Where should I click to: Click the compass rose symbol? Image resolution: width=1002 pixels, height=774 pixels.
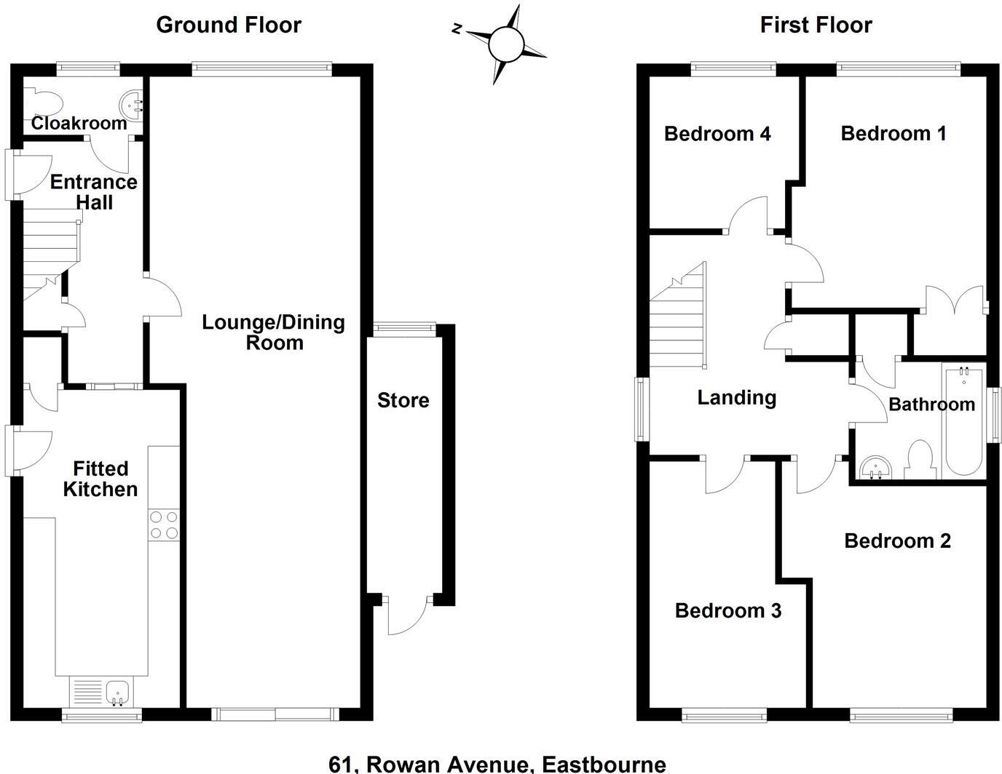click(506, 44)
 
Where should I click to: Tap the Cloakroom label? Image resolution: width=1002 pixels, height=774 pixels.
click(79, 124)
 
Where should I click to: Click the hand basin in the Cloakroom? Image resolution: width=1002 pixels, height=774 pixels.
click(133, 105)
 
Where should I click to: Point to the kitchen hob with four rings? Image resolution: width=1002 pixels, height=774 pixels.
click(164, 525)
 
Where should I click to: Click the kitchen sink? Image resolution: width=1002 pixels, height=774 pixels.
click(117, 691)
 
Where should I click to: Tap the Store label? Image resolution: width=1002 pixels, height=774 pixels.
click(403, 400)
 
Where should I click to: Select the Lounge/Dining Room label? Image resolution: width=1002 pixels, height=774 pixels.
click(273, 332)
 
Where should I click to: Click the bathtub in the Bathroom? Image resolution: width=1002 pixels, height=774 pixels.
click(963, 422)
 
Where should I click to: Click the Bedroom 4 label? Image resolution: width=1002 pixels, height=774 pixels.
click(717, 134)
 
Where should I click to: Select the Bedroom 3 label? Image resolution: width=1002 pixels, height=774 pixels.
click(727, 610)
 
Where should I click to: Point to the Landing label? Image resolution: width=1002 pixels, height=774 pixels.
click(736, 397)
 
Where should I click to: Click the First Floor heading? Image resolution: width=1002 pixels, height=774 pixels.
click(816, 25)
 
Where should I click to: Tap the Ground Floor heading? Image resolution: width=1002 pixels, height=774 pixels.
click(229, 25)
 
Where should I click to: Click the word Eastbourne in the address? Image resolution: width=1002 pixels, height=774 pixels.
click(604, 764)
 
